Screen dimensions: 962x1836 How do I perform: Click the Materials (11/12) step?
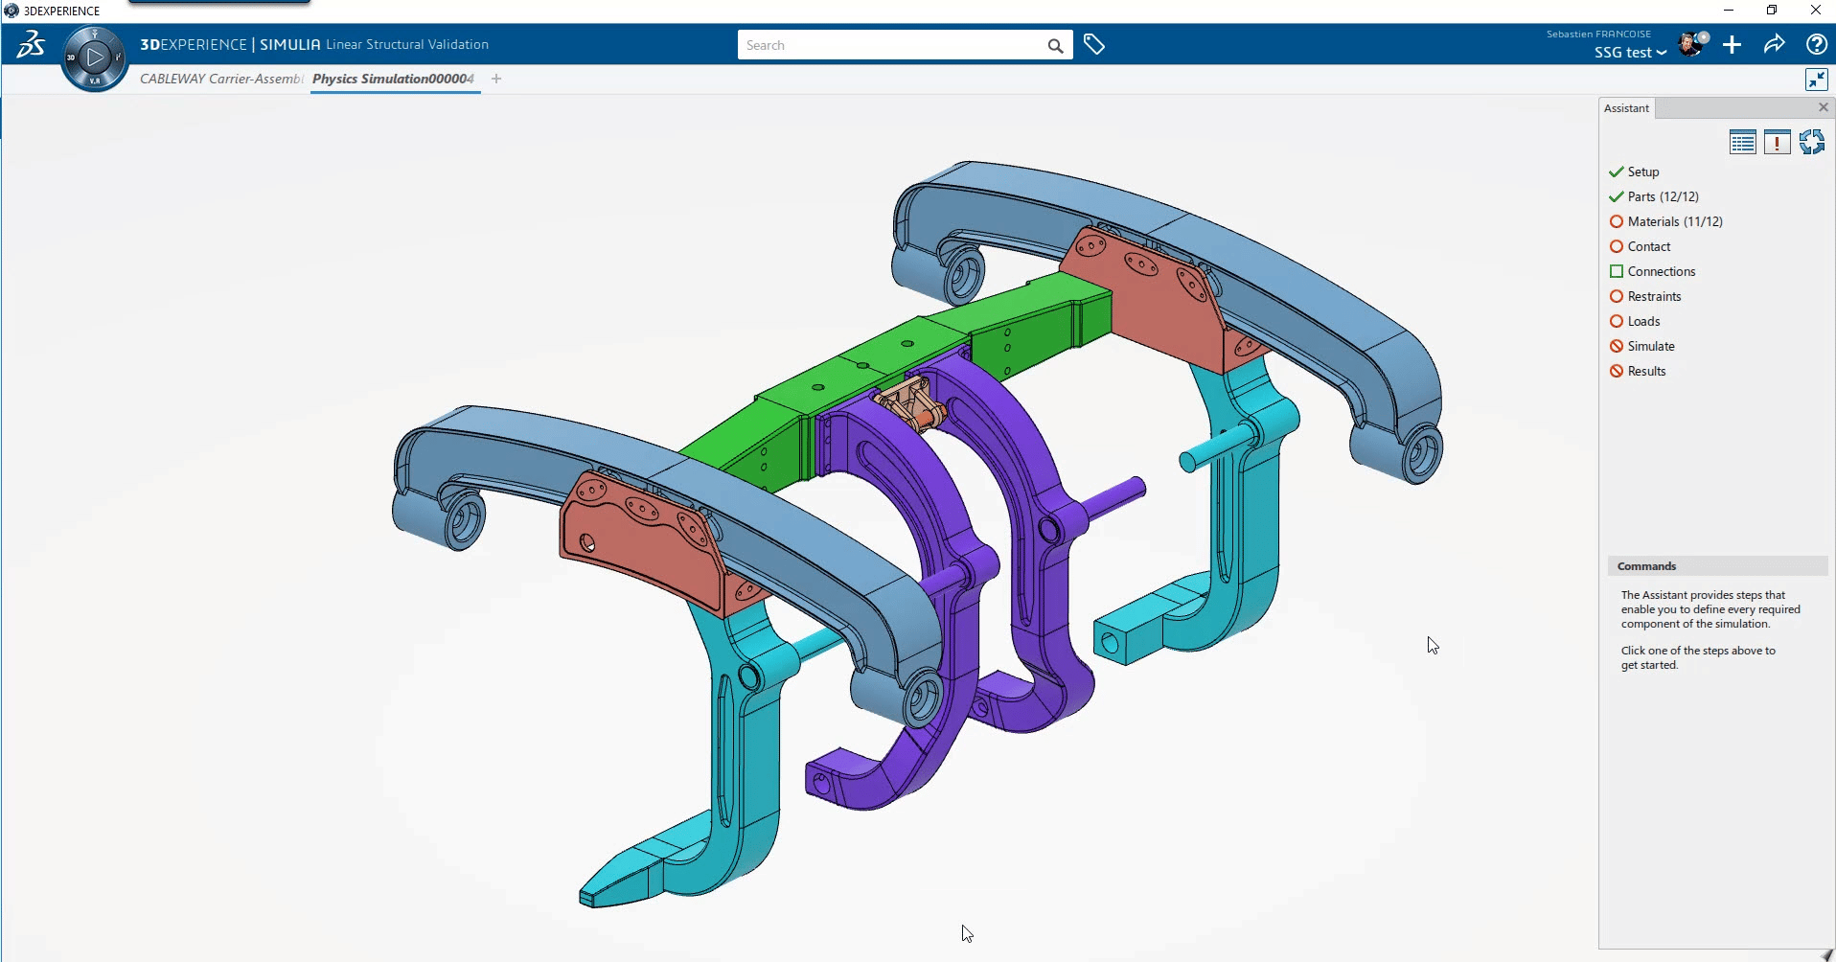click(1674, 221)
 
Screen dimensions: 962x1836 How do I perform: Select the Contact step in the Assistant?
click(1648, 246)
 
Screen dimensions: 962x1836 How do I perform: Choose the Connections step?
click(1661, 271)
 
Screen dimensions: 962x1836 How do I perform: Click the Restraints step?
click(1654, 296)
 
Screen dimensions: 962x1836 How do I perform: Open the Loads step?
click(1643, 321)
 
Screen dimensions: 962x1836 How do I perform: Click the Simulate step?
click(1650, 346)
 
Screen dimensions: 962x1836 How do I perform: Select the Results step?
click(1646, 371)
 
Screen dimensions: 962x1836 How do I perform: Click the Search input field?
click(891, 45)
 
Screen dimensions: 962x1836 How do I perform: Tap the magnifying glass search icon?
click(1055, 45)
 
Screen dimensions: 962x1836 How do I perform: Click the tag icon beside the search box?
click(1094, 44)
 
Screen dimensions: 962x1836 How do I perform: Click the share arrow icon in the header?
click(1774, 44)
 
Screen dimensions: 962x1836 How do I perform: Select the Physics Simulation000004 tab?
click(393, 79)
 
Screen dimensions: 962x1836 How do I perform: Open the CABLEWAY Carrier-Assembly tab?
click(220, 79)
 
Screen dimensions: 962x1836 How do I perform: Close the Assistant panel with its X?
click(1824, 107)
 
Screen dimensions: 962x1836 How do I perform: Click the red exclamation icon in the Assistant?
click(1777, 143)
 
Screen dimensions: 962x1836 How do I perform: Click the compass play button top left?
click(94, 57)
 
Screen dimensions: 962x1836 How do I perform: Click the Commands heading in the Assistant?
click(1646, 566)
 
